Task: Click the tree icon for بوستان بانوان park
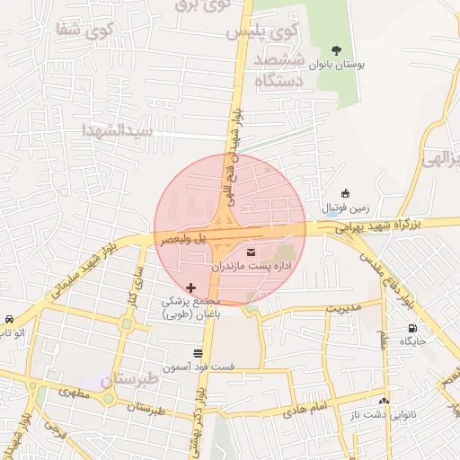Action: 336,50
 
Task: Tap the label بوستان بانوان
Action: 335,66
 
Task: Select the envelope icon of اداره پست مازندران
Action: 250,252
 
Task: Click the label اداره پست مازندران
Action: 249,267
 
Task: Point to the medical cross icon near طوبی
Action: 190,287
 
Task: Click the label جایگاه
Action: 412,341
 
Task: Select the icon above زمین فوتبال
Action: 345,193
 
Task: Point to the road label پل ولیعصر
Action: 184,239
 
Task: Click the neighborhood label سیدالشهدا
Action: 119,130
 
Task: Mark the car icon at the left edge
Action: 9,319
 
